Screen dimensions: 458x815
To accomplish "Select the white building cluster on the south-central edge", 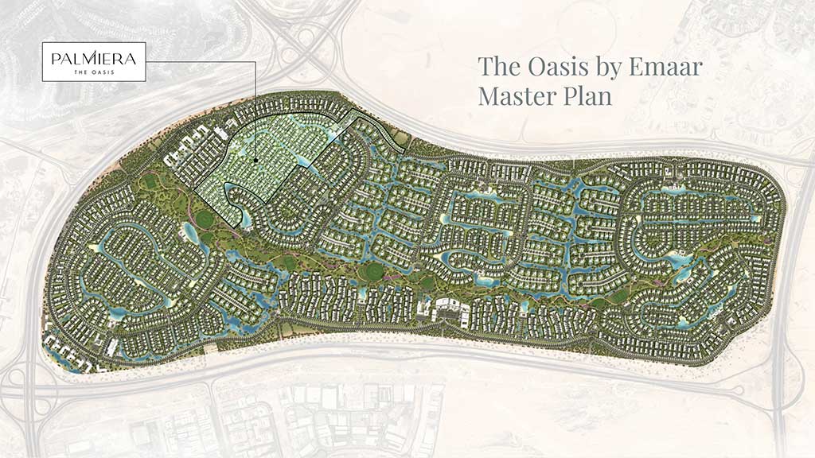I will [448, 309].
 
